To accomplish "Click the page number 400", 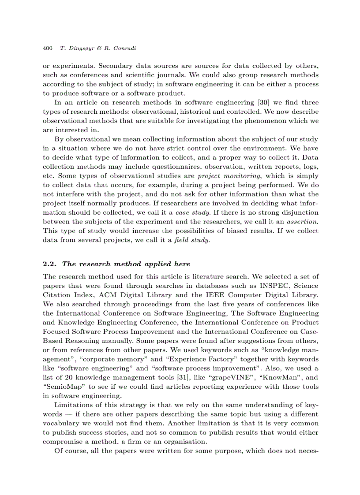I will coord(47,48).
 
